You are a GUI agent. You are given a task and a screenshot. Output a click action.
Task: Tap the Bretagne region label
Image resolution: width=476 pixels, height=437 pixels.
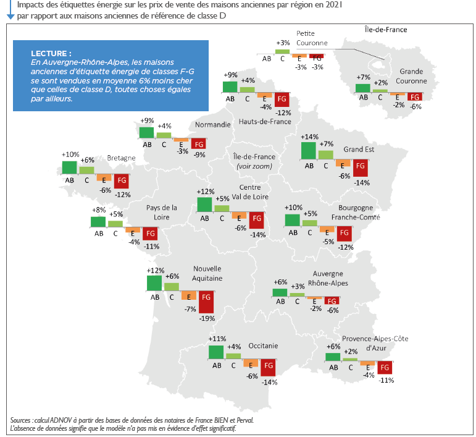coord(121,158)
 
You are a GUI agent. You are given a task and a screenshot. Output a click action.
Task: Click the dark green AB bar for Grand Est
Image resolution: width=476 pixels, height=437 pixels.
coord(309,151)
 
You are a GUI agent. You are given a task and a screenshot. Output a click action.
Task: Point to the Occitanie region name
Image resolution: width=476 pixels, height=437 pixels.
coord(263,346)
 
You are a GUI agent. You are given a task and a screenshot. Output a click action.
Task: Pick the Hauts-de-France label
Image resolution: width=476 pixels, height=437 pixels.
coord(265,122)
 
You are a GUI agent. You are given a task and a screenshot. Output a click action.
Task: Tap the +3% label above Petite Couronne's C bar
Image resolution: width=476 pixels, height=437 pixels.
coord(283,43)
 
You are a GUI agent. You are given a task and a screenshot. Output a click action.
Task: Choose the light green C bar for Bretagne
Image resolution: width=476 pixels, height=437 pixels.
coord(86,170)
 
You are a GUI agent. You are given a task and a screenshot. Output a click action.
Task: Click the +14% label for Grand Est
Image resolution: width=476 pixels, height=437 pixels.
coord(309,137)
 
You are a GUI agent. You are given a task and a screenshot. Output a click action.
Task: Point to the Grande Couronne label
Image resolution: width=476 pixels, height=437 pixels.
coord(411,76)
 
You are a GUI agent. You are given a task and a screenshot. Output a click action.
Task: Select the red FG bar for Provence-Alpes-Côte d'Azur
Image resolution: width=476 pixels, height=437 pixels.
coord(385,367)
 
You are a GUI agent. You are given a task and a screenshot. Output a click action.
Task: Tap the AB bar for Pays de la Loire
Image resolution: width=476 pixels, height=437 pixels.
coord(98,222)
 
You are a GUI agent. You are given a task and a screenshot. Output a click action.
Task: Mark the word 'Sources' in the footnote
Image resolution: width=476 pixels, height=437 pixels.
coord(23,420)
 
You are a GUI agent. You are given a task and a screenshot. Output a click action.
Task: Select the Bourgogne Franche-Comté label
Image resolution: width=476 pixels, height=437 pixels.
coord(356,213)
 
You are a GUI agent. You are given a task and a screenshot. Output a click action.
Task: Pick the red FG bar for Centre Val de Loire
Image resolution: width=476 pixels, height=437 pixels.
coord(256,220)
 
